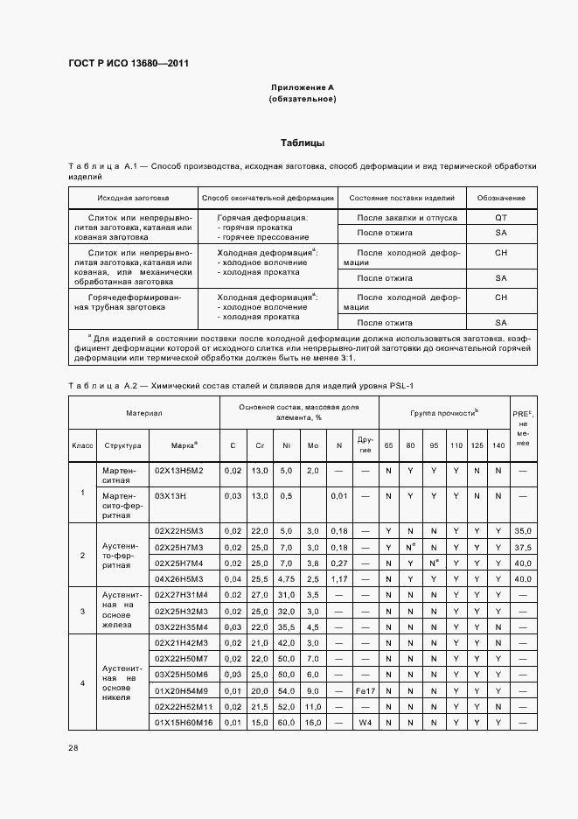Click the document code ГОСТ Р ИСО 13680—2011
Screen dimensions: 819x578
coord(129,63)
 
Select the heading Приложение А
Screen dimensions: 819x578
coord(303,87)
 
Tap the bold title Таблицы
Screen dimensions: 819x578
coord(303,142)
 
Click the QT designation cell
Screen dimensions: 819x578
coord(501,217)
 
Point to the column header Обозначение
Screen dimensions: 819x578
coord(501,198)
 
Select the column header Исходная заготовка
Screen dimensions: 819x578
coord(133,198)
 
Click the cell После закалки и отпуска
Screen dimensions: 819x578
coord(401,217)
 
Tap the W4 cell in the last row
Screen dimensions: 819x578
coord(366,723)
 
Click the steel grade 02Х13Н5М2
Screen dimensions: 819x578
coord(179,471)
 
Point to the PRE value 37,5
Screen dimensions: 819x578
coord(523,547)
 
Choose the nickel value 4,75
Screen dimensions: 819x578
coord(287,578)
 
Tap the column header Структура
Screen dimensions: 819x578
coord(122,445)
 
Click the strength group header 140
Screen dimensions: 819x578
coord(498,445)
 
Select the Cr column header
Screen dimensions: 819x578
coord(260,445)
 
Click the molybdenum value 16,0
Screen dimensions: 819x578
coord(313,723)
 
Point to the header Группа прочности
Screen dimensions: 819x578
coord(444,411)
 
